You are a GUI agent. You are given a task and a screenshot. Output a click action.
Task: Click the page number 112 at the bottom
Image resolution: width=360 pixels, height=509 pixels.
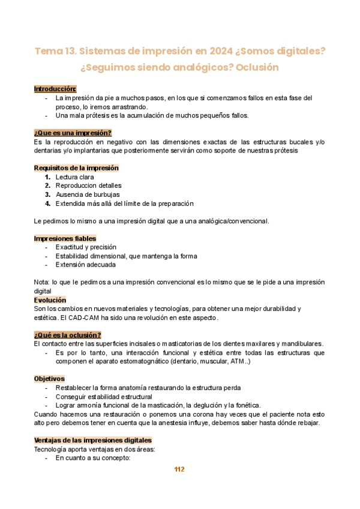click(179, 469)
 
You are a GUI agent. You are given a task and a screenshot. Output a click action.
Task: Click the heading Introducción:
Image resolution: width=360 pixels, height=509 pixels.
click(55, 89)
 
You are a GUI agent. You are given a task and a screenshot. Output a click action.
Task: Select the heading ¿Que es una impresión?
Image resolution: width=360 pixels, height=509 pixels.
click(73, 133)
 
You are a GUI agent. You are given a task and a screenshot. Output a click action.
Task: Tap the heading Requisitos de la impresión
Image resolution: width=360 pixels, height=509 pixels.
click(76, 168)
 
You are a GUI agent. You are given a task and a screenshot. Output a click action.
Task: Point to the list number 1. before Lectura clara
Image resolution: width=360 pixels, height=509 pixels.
click(47, 177)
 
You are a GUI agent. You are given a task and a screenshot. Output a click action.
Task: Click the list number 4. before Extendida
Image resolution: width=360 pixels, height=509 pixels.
click(47, 203)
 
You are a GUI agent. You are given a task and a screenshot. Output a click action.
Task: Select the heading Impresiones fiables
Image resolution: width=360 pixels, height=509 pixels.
click(65, 238)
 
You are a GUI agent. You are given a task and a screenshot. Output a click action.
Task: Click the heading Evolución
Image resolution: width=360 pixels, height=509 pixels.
click(50, 300)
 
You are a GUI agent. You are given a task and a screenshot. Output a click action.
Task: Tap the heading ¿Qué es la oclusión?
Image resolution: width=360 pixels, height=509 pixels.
click(67, 335)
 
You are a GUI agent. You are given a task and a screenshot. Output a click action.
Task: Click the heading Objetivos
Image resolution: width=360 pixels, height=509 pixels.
click(49, 379)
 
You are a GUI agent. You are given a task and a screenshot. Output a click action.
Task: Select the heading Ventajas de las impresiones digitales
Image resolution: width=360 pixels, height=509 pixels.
click(93, 440)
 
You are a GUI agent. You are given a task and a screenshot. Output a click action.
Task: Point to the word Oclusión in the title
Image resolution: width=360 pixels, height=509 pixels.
click(257, 67)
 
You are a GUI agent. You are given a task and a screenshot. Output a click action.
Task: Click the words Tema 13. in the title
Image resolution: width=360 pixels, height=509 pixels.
click(55, 52)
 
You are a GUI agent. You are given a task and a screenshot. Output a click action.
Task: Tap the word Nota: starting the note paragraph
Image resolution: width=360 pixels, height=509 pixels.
click(42, 282)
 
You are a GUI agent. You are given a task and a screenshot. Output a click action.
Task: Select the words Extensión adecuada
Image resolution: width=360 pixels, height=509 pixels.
click(86, 265)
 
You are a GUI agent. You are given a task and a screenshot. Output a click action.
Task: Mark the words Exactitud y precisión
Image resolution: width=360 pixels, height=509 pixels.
click(86, 247)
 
